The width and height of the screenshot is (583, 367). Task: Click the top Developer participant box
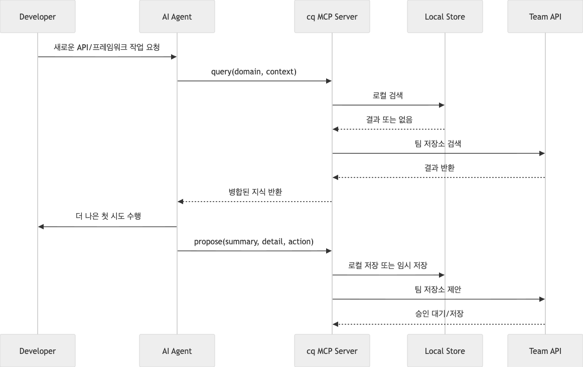point(38,17)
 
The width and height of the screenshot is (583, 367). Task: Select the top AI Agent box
point(177,17)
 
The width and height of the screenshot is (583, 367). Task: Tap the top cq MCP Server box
point(332,17)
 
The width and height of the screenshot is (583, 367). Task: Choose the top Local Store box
point(445,17)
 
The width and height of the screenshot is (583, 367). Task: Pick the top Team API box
point(545,17)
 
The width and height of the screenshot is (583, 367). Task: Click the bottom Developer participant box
point(38,351)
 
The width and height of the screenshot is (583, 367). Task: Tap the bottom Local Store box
point(445,351)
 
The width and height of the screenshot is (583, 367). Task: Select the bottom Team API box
point(545,351)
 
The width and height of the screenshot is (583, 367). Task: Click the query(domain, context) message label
point(254,72)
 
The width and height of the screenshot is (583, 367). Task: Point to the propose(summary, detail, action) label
point(254,242)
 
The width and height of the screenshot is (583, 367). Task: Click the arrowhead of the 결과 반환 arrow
point(336,177)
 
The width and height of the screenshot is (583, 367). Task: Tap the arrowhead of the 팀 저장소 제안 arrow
point(542,299)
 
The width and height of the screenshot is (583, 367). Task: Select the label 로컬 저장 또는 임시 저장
point(388,265)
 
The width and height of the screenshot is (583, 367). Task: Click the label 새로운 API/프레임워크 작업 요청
point(107,47)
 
